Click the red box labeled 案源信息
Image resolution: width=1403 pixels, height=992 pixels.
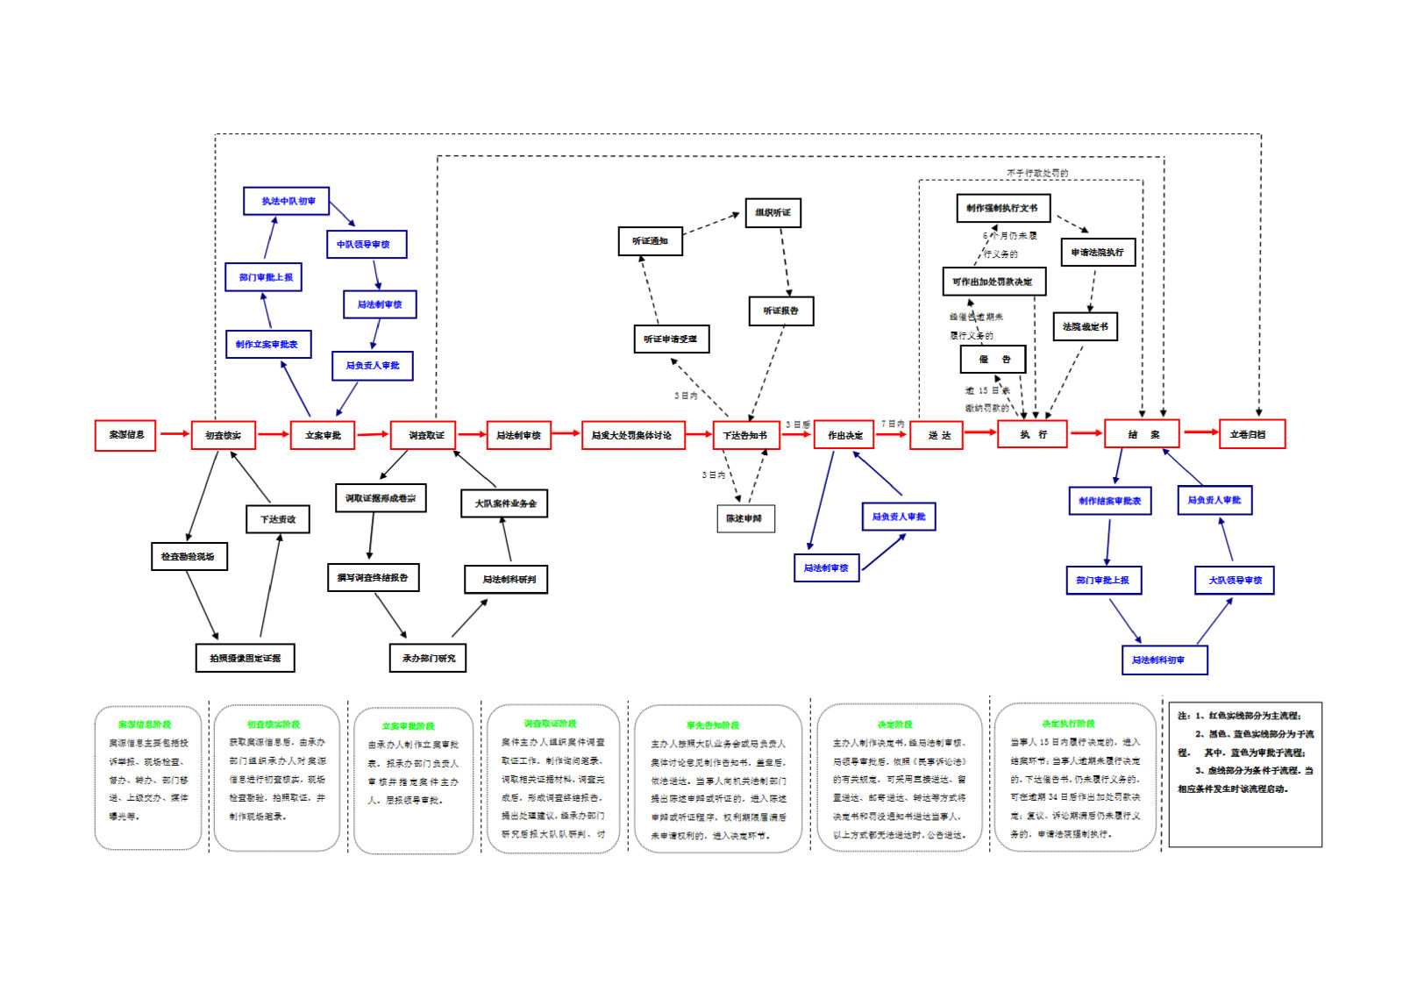tap(125, 435)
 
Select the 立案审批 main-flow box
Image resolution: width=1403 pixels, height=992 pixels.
tap(323, 435)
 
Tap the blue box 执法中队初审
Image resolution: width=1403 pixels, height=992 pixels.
tap(287, 201)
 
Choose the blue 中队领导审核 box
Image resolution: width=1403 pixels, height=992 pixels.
tap(367, 244)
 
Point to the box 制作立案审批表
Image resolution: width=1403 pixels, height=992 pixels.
tap(267, 344)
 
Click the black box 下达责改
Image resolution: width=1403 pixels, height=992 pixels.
tap(278, 519)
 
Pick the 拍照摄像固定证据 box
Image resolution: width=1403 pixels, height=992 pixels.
tap(245, 658)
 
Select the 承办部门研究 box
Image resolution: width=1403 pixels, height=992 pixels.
tap(428, 658)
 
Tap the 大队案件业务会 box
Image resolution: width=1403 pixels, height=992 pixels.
tap(504, 503)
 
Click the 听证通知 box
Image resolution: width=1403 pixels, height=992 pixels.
tap(650, 241)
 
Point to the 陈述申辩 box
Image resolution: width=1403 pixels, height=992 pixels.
tap(745, 518)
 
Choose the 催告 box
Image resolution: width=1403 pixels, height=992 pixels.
tap(993, 360)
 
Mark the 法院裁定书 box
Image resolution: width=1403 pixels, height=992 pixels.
tap(1085, 327)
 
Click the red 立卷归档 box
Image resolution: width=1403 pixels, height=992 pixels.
tap(1251, 434)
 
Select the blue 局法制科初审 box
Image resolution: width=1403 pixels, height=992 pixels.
tap(1164, 660)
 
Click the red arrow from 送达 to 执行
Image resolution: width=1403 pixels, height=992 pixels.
tap(980, 432)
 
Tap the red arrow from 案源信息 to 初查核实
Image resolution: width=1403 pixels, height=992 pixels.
tap(174, 433)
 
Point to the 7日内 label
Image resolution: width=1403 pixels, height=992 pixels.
tap(893, 424)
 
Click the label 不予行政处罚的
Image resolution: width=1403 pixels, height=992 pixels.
tap(1037, 173)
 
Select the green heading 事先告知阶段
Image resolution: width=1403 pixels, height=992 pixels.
tap(712, 725)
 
